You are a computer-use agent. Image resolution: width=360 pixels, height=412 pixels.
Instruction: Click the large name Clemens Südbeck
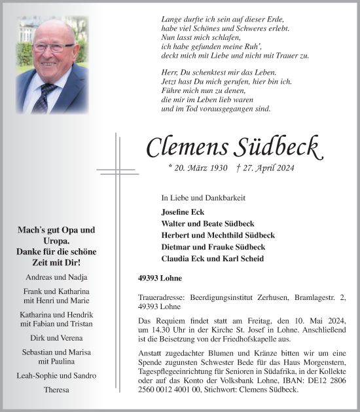click(233, 147)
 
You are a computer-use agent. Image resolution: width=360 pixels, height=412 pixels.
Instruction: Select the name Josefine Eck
click(184, 212)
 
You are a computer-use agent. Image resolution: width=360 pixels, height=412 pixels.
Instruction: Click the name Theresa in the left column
click(56, 389)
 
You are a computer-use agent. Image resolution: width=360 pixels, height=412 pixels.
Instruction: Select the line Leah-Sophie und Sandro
click(56, 375)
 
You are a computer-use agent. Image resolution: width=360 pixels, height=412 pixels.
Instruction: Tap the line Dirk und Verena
click(56, 338)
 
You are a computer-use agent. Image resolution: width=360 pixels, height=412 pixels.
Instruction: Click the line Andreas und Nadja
click(56, 277)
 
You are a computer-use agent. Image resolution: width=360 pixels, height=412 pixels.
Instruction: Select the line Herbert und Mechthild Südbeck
click(217, 235)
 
